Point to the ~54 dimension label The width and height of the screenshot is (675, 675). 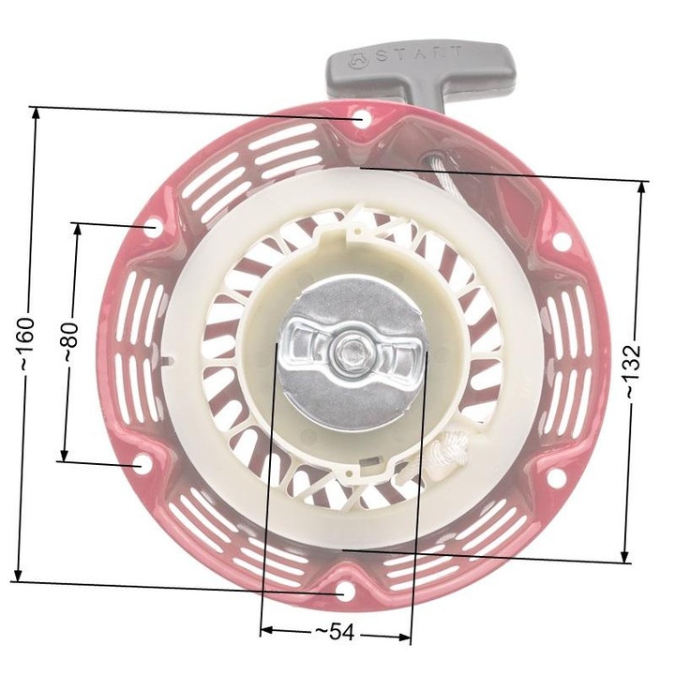[335, 633]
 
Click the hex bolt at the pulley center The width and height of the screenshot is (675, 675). [351, 352]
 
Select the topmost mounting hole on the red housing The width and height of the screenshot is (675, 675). [361, 119]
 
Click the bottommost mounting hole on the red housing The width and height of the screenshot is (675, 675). [344, 592]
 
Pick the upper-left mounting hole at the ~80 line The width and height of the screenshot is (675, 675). [150, 226]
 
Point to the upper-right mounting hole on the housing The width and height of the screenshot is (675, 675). [560, 240]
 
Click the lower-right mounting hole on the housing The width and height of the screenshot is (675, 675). [554, 478]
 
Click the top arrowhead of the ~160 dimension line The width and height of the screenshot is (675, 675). [36, 113]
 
